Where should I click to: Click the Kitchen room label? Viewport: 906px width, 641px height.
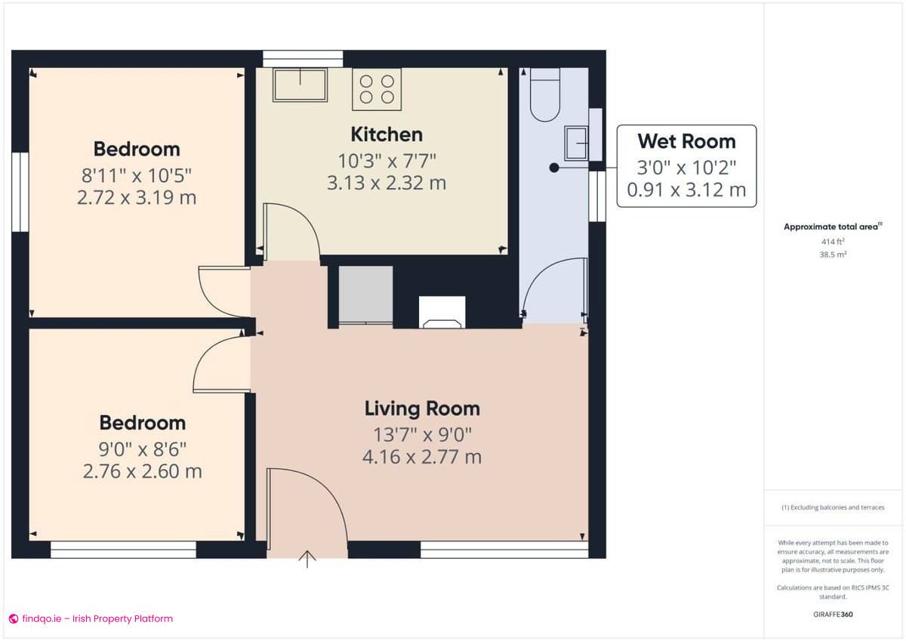pos(387,134)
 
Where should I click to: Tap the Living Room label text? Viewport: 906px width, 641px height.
pos(422,408)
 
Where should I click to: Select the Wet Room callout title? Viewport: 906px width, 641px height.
pos(686,141)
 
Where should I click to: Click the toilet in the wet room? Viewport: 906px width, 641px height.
pos(545,95)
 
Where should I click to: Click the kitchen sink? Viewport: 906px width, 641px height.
pos(300,85)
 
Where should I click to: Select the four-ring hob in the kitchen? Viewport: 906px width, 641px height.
pos(377,88)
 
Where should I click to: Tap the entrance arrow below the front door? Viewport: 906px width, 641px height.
pos(307,559)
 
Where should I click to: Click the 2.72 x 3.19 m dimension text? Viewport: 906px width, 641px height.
pos(137,199)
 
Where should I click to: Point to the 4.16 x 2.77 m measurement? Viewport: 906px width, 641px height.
pos(422,457)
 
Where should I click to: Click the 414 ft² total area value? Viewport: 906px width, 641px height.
pos(833,242)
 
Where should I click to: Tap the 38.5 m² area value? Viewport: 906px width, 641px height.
pos(833,255)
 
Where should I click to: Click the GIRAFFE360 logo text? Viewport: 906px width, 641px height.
pos(833,615)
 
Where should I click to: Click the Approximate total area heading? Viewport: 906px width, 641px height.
pos(831,227)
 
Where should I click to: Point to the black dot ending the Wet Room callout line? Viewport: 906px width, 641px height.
pos(554,168)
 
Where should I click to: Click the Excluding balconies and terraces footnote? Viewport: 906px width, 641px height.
pos(833,507)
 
